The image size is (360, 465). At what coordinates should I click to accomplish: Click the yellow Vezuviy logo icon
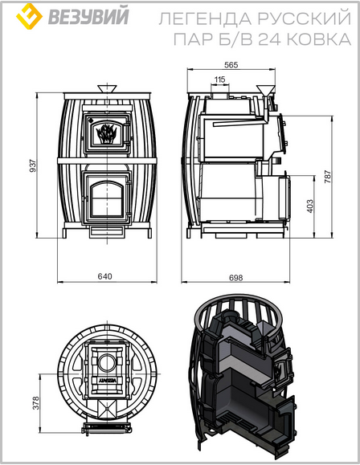point(29,16)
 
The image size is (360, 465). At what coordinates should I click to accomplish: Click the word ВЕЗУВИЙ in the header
point(88,16)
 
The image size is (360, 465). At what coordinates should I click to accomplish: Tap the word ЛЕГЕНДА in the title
point(206,18)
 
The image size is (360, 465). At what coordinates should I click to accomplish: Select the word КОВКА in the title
point(320,39)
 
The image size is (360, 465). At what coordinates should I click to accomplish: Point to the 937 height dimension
point(33,165)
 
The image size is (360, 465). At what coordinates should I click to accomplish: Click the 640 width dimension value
point(105,276)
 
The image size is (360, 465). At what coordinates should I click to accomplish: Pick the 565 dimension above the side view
point(231,64)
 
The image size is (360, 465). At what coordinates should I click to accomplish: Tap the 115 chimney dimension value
point(219,80)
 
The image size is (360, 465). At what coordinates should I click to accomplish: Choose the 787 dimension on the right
point(327,177)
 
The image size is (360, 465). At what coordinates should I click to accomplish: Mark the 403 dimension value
point(309,206)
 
